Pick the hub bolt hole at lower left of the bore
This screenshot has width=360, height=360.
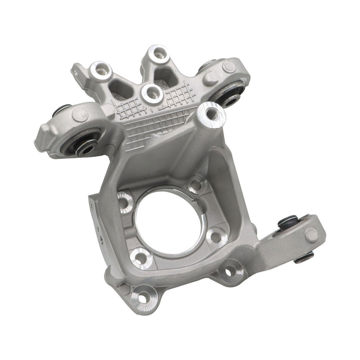point(139,256)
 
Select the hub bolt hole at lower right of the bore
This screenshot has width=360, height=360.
point(215,235)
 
